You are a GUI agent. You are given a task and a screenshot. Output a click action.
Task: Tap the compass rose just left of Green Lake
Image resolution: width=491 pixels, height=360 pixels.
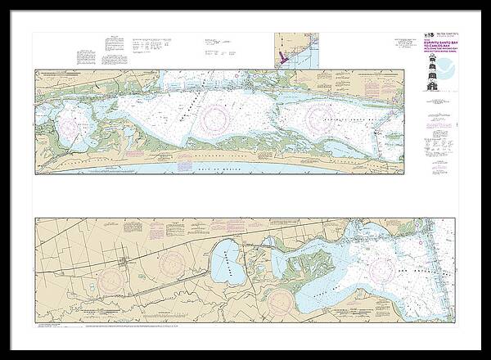tap(173, 263)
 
